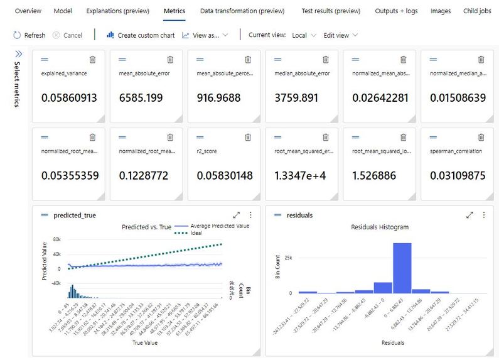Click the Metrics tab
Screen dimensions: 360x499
click(174, 11)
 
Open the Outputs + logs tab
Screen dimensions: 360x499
click(395, 11)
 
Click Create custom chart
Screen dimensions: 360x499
click(141, 35)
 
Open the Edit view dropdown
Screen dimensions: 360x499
click(340, 35)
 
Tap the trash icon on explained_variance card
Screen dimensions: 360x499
click(92, 59)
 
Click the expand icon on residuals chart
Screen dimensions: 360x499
click(469, 215)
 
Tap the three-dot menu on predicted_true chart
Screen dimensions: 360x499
click(250, 215)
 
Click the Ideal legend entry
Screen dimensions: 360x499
click(196, 233)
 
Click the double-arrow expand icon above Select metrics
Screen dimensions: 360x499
click(18, 54)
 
